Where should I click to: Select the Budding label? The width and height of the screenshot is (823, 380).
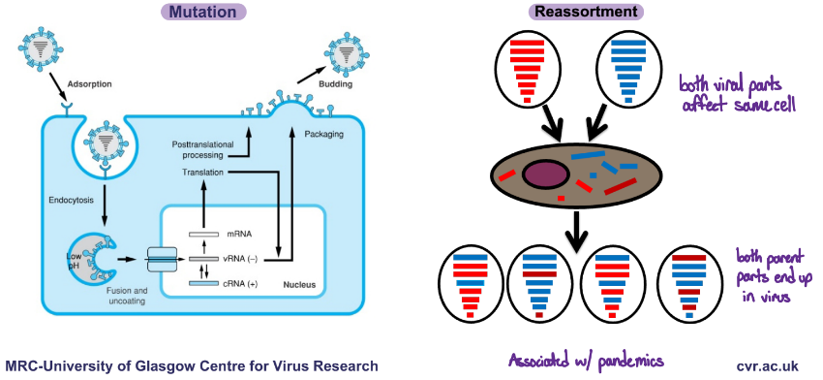point(335,85)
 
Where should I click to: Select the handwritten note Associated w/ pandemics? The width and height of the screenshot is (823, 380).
point(586,361)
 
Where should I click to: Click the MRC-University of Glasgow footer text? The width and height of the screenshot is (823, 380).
point(192,365)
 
